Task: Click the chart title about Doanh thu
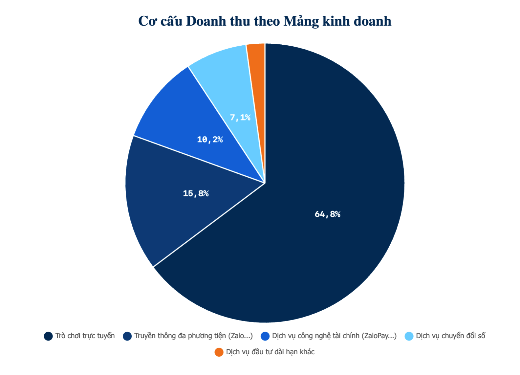pyautogui.click(x=265, y=21)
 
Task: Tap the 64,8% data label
pyautogui.click(x=327, y=214)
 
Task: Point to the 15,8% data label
pyautogui.click(x=196, y=193)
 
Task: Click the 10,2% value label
pyautogui.click(x=210, y=140)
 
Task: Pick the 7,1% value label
pyautogui.click(x=240, y=117)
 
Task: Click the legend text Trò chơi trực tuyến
pyautogui.click(x=85, y=336)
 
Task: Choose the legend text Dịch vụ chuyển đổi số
pyautogui.click(x=450, y=336)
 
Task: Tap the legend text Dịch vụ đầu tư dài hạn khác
pyautogui.click(x=270, y=352)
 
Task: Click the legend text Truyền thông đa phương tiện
pyautogui.click(x=193, y=336)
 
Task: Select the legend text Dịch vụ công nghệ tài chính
pyautogui.click(x=334, y=336)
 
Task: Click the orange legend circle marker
pyautogui.click(x=219, y=352)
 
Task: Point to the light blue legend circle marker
pyautogui.click(x=409, y=336)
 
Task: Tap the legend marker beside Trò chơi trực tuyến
pyautogui.click(x=48, y=336)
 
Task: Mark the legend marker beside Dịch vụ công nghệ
pyautogui.click(x=265, y=336)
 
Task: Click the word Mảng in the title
pyautogui.click(x=301, y=21)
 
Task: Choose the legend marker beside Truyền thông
pyautogui.click(x=127, y=336)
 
